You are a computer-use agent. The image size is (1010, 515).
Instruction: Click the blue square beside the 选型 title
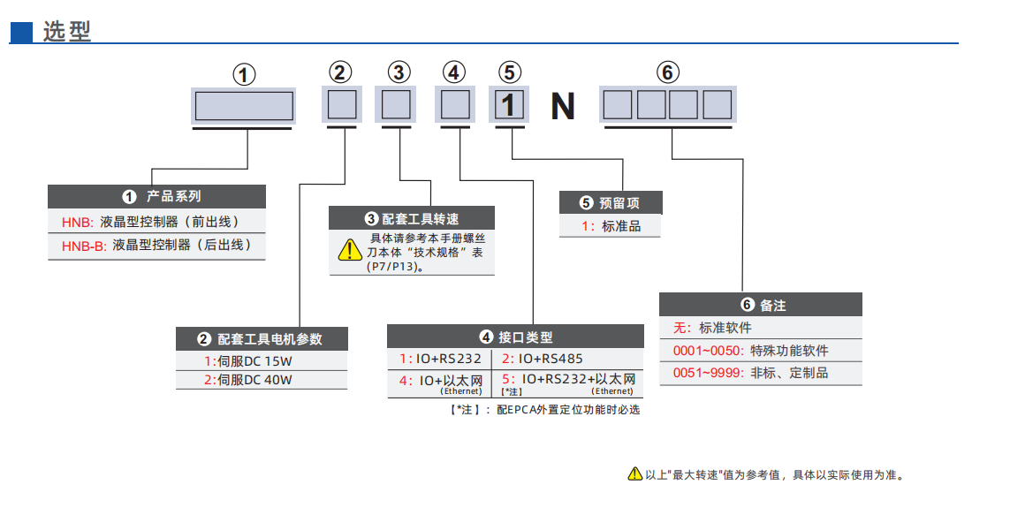pyautogui.click(x=21, y=33)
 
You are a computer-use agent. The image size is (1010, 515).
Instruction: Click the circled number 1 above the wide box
pyautogui.click(x=244, y=75)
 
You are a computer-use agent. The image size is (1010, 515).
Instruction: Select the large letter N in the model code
pyautogui.click(x=563, y=107)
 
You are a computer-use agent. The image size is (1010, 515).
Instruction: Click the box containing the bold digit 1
pyautogui.click(x=508, y=105)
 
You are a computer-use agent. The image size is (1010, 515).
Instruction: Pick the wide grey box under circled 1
pyautogui.click(x=244, y=106)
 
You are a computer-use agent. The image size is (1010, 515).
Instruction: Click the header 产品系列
pyautogui.click(x=157, y=196)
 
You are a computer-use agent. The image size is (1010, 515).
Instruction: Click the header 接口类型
pyautogui.click(x=516, y=337)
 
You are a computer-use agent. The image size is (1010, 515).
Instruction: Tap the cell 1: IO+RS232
pyautogui.click(x=440, y=359)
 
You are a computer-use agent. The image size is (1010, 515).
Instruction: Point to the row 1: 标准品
pyautogui.click(x=610, y=226)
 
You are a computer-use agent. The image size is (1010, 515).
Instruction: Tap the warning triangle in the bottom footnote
pyautogui.click(x=634, y=474)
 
